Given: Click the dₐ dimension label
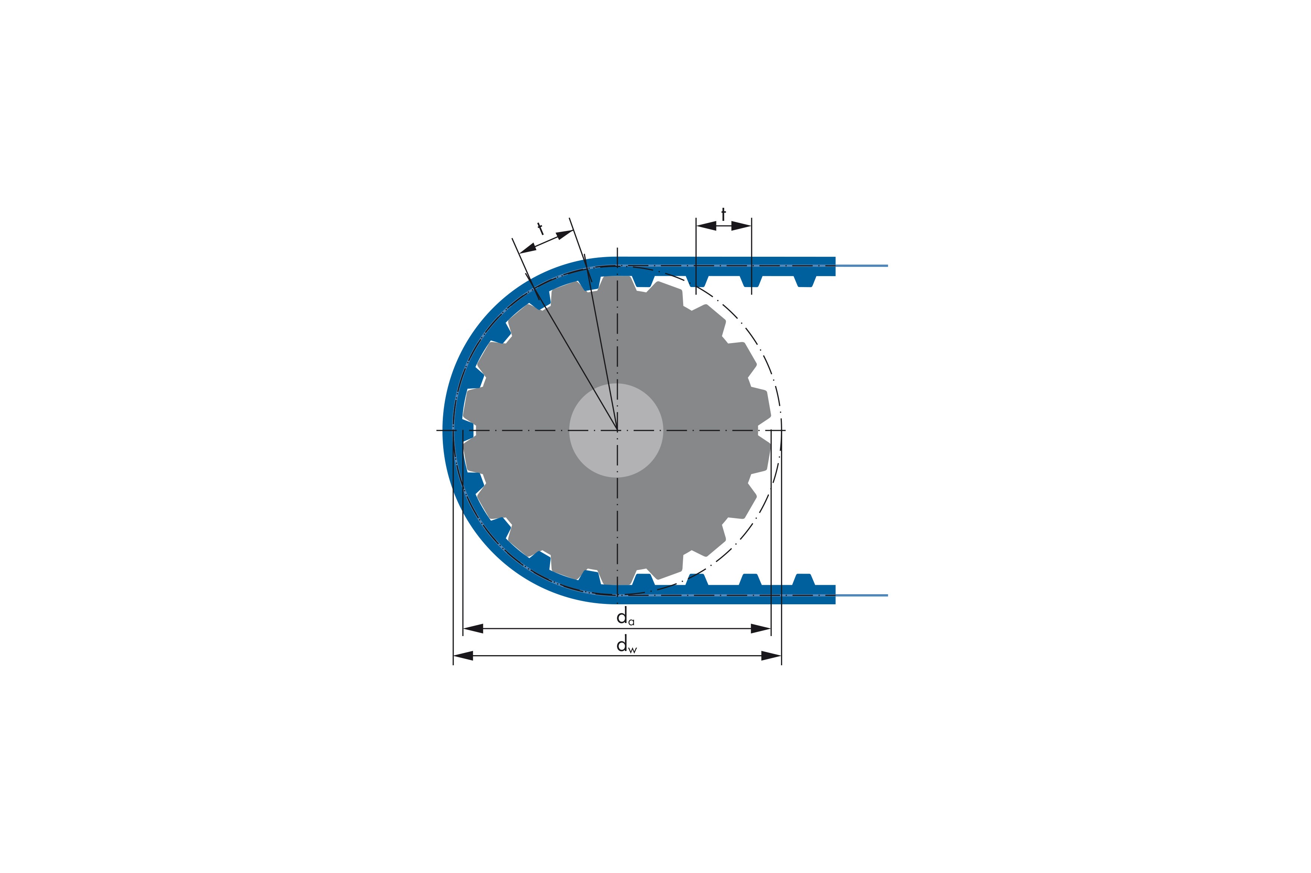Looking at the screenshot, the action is (x=625, y=617).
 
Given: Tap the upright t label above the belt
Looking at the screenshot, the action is (x=723, y=215).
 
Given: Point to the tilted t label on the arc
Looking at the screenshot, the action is (x=540, y=228).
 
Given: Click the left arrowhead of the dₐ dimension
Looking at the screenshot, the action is (x=473, y=629).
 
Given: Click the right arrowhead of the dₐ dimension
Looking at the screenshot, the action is (x=761, y=629).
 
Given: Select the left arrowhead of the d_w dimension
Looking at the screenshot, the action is (x=463, y=656).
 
